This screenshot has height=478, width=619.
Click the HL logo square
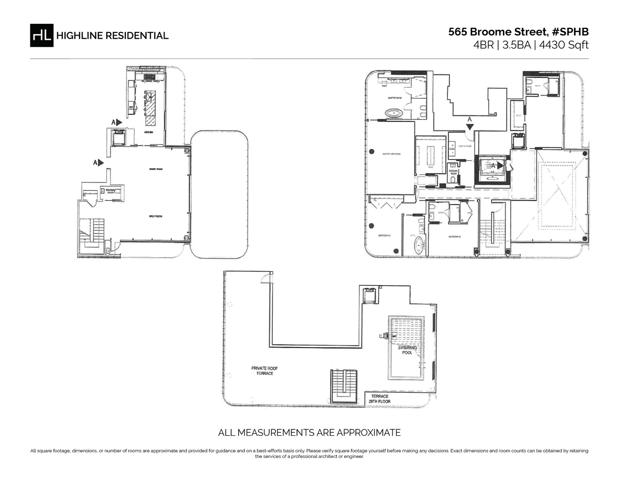click(41, 35)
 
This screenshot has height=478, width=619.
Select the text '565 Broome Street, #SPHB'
click(518, 31)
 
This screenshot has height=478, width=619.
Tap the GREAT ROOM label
click(156, 216)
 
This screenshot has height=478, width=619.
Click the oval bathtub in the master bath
click(395, 112)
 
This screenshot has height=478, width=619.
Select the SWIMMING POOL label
click(408, 350)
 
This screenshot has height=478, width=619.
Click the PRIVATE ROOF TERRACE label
click(265, 370)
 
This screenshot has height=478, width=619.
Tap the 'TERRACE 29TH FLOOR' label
click(379, 398)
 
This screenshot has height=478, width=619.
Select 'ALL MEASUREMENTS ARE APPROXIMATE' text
click(309, 432)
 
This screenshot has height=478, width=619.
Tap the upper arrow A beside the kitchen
click(117, 122)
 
